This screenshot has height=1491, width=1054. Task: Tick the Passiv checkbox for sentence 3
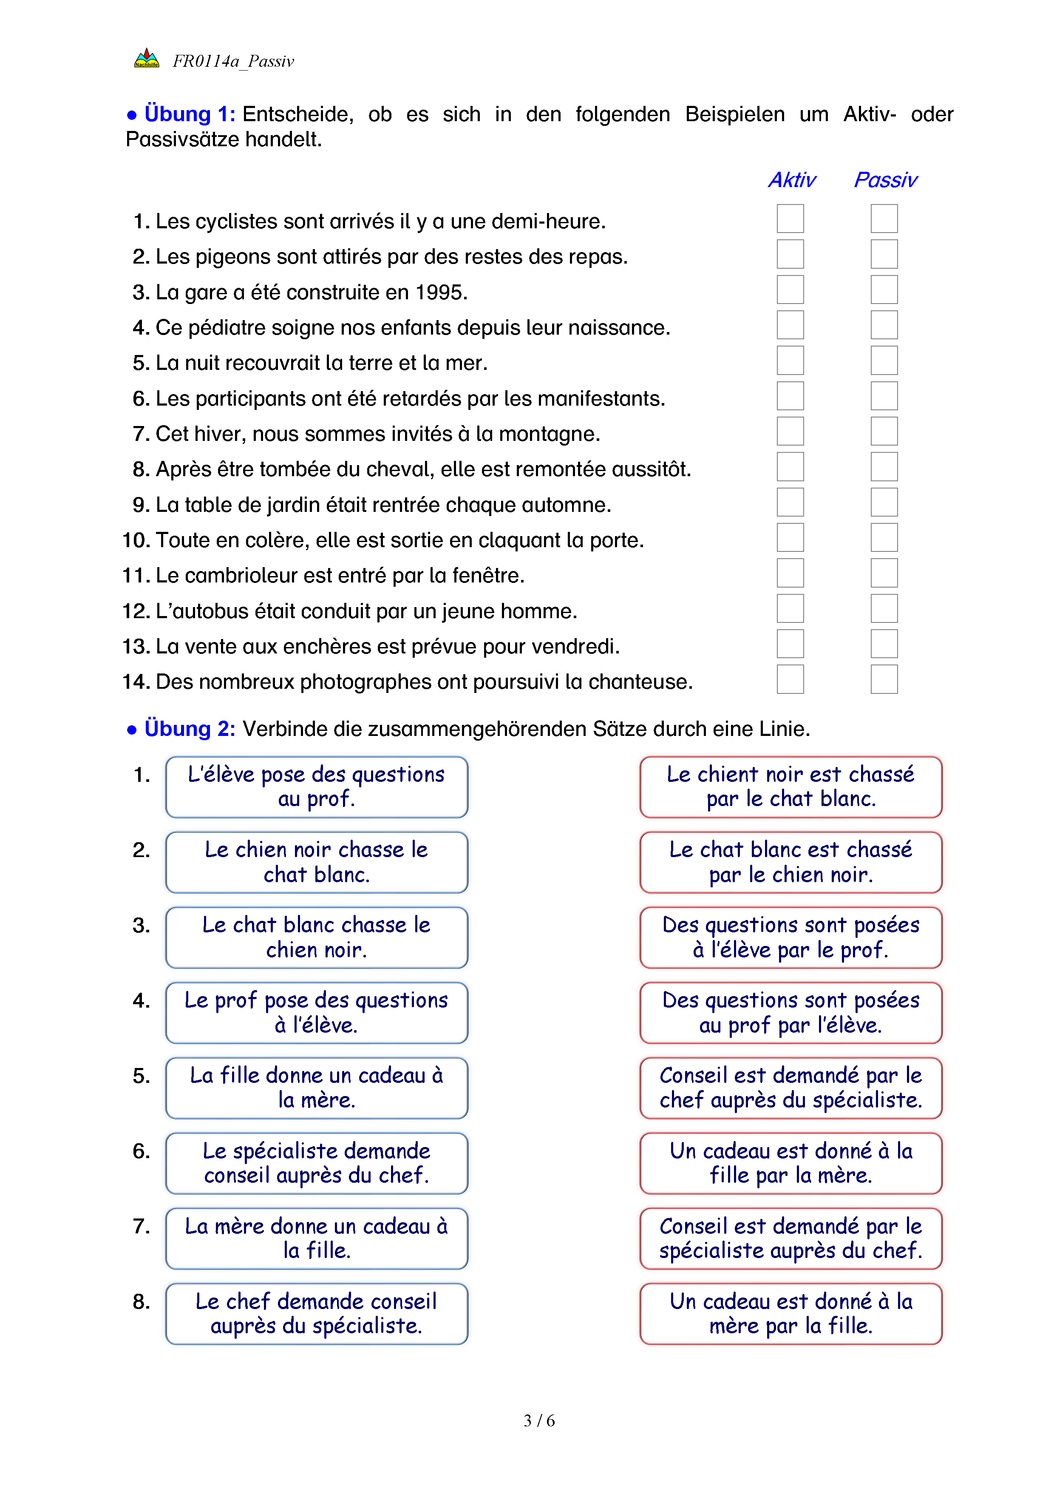884,290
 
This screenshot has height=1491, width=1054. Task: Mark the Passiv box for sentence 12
884,608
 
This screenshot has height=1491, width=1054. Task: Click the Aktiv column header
792,180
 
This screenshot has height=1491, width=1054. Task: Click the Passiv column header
885,180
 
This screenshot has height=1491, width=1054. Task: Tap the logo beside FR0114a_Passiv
147,59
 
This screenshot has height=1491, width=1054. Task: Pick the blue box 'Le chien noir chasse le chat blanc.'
317,862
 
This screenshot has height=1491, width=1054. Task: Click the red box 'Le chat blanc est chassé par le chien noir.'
790,862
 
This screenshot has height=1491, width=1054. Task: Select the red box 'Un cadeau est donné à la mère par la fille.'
790,1314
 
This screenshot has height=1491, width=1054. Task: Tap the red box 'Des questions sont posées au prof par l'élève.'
790,1013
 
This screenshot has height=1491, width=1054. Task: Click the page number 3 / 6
538,1421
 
